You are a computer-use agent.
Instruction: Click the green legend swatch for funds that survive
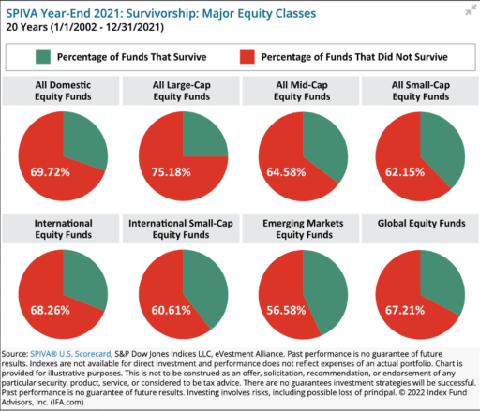pos(43,56)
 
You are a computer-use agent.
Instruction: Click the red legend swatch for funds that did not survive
pos(247,56)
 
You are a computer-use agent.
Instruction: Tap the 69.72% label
pos(50,172)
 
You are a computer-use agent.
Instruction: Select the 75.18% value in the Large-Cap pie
pos(172,172)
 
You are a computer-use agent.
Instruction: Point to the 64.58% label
pos(286,172)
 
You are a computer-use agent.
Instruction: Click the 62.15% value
pos(405,172)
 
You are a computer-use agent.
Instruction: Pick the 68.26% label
pos(50,310)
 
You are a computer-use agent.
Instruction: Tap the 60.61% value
pos(172,310)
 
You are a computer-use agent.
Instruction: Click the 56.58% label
pos(286,310)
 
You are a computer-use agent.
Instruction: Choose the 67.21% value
pos(405,310)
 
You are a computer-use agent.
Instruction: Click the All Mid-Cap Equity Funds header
pos(302,91)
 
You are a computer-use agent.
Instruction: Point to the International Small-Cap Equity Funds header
pos(181,228)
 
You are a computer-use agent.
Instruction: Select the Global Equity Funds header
pos(421,223)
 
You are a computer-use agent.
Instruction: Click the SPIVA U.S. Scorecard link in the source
pos(70,354)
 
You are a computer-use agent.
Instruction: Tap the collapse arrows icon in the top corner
pos(471,10)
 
